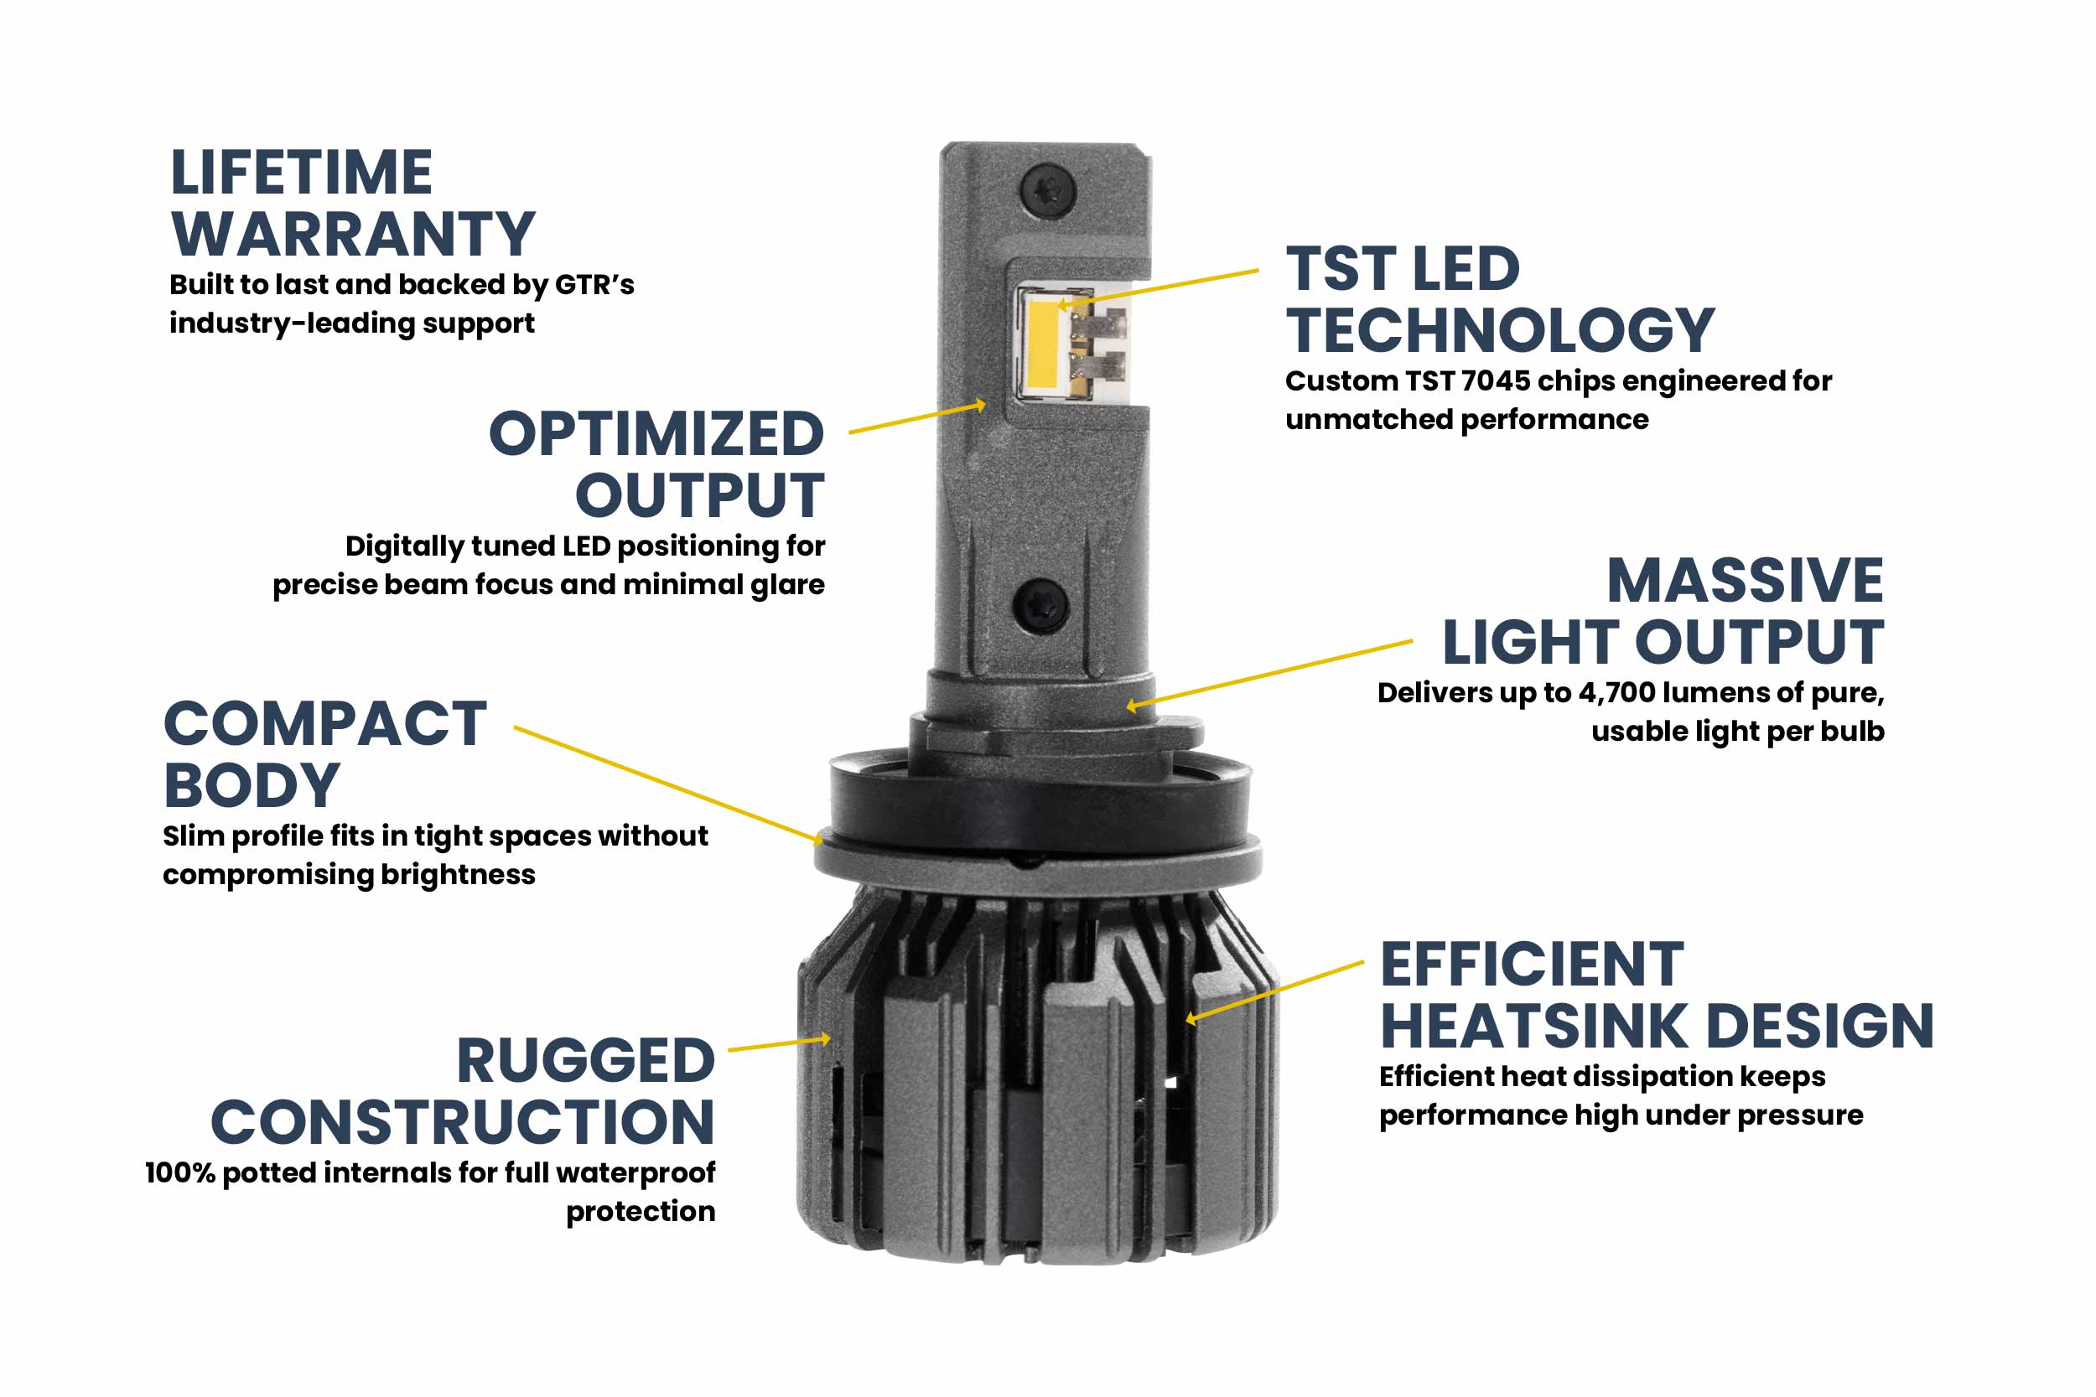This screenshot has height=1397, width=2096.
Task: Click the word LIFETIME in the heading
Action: point(301,173)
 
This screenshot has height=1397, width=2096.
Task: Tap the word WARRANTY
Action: point(353,235)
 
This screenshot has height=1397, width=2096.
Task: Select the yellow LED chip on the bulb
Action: point(1040,343)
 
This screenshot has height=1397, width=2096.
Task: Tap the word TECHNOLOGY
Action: point(1499,330)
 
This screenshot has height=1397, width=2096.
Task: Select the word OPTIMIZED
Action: point(656,435)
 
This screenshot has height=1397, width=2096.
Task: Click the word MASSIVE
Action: point(1744,581)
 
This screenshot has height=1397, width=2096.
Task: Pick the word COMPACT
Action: point(325,723)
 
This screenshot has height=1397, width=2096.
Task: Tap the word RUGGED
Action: point(585,1061)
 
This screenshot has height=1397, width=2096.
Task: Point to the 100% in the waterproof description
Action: point(180,1173)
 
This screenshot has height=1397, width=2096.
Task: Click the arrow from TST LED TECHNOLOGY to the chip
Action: point(1159,287)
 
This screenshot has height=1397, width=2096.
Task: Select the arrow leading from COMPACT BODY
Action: point(668,784)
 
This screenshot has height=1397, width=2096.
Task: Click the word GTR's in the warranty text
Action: point(594,285)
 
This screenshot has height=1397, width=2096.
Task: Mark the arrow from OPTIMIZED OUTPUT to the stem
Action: point(918,419)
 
